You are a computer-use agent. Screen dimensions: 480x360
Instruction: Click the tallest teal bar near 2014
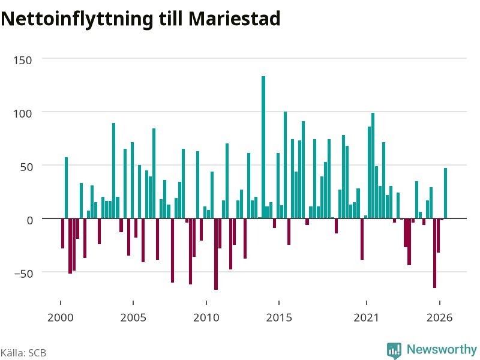point(263,147)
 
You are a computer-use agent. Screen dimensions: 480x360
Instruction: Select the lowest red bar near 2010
point(216,254)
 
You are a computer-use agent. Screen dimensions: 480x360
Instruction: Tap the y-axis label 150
point(23,61)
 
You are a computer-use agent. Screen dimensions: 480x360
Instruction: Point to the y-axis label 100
point(23,113)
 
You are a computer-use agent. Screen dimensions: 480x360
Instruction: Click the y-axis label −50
point(23,274)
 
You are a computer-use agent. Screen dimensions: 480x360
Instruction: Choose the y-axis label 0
point(29,220)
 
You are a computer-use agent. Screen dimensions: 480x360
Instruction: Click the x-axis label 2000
point(61,317)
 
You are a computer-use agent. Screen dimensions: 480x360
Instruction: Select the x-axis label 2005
point(133,317)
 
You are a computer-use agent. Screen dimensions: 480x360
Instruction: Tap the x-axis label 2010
point(206,317)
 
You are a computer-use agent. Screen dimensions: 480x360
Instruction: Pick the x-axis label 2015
point(279,317)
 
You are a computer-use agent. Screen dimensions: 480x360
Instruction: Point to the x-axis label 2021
point(367,317)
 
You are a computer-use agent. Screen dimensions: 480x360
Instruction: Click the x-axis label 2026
point(440,317)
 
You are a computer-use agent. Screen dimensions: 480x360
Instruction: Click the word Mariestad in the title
point(234,19)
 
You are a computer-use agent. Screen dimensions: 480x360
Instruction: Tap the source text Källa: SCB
point(23,353)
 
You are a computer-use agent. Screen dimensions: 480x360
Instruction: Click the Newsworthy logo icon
point(394,350)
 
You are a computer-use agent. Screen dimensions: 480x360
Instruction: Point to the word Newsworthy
point(442,349)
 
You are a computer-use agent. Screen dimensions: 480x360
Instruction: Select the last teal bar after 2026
point(445,193)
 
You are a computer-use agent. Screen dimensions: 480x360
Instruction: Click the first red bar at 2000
point(63,233)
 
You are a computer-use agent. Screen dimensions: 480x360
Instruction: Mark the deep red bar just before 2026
point(434,253)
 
